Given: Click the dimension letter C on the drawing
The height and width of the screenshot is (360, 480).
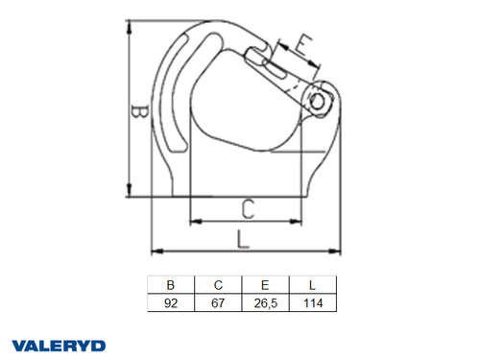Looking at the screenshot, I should [x=247, y=206].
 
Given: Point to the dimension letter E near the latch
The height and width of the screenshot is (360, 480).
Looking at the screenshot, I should [x=301, y=44].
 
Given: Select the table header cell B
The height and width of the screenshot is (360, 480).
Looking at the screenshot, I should [x=170, y=285].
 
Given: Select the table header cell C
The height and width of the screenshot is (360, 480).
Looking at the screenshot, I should [x=218, y=285].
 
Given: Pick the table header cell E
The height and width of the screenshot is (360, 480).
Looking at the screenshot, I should [x=266, y=285].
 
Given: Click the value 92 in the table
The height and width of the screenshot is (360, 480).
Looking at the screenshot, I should [x=170, y=302].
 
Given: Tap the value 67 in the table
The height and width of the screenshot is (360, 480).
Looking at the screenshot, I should [x=218, y=302].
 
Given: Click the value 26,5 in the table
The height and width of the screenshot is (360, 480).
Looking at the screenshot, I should [x=266, y=302].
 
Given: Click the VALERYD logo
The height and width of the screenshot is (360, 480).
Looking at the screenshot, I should [x=59, y=345].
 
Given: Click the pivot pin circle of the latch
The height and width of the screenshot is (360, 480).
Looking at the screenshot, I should [x=320, y=98].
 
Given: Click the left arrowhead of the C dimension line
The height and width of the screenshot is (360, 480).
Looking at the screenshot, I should [x=194, y=221].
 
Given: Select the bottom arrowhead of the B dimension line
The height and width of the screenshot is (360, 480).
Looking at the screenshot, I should [x=129, y=193].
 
